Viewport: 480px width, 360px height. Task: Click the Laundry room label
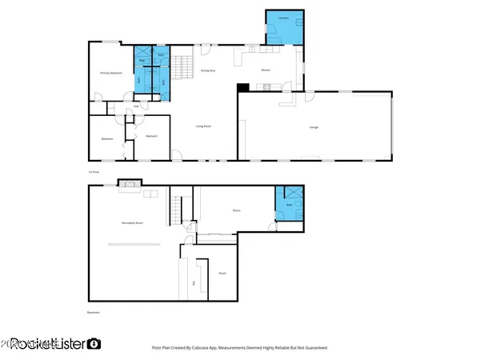283,17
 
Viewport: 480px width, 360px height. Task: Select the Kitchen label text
266,71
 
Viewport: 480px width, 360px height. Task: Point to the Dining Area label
207,71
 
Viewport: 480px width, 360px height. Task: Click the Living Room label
203,126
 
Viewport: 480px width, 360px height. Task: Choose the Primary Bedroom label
110,73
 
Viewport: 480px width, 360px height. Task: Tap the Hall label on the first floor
137,106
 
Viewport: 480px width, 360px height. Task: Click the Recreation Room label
132,222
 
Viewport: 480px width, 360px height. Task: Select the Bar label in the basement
194,282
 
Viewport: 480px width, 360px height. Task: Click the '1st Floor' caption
94,171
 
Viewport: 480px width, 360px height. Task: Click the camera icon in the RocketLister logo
94,344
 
